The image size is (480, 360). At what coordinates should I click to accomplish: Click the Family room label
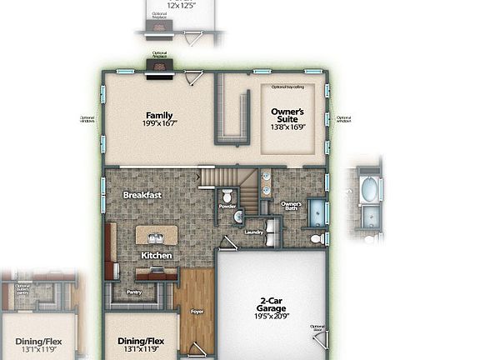tap(159, 115)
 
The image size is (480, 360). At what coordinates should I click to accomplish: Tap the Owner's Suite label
tap(288, 115)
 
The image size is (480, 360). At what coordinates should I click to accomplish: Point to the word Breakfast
tap(142, 195)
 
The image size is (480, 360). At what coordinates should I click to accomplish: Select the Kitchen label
tap(156, 255)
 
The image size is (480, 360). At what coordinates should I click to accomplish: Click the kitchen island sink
tap(157, 237)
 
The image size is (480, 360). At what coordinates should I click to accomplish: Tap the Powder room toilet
tap(227, 196)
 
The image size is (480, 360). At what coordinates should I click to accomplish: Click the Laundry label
tap(254, 232)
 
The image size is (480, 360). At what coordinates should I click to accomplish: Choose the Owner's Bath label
tap(291, 205)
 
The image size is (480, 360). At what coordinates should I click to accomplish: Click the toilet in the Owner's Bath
tap(317, 238)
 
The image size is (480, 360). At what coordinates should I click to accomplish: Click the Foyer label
tap(197, 312)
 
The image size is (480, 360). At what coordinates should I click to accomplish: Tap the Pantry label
tap(134, 292)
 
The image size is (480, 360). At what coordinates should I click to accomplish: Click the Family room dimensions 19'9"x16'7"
tap(159, 124)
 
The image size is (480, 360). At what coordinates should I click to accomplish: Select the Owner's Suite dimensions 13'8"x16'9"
tap(288, 127)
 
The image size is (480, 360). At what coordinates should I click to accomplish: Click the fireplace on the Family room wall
tap(159, 68)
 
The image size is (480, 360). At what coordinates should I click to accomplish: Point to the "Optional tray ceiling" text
tap(288, 87)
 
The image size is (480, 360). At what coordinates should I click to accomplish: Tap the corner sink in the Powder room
tap(237, 217)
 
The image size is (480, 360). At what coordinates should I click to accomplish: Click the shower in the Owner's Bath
tap(317, 212)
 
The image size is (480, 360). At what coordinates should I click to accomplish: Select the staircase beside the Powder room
tap(227, 177)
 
